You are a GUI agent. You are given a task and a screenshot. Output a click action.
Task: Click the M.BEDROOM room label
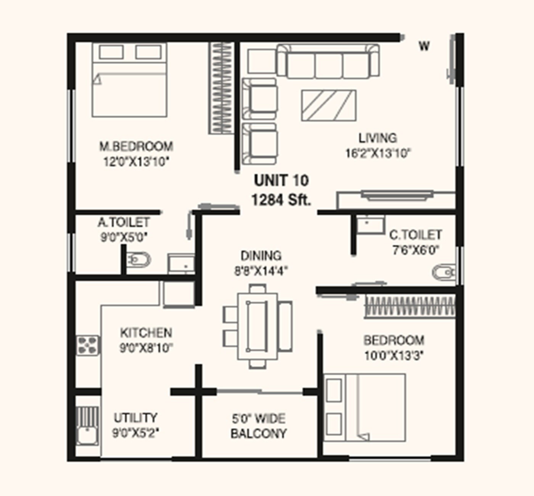coord(136,146)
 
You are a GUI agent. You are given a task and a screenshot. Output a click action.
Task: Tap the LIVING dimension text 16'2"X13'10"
coord(377,153)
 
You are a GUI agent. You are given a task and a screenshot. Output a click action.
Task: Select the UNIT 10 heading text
coord(281,180)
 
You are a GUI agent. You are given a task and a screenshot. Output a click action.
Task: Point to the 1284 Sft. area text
coord(281,200)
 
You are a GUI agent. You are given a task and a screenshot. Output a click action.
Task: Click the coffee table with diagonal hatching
coord(328,106)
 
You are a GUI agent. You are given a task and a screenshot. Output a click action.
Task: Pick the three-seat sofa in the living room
coord(328,61)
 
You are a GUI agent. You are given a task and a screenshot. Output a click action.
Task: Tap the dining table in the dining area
coord(257,326)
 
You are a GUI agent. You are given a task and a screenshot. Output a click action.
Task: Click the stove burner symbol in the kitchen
coord(87,345)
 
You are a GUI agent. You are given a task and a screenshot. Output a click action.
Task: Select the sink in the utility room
coord(87,436)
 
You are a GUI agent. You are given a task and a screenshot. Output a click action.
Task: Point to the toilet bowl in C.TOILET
coord(444,272)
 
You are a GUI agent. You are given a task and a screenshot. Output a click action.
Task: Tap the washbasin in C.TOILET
coord(370,225)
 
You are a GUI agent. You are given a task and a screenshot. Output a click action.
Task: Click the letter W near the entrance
coord(424,46)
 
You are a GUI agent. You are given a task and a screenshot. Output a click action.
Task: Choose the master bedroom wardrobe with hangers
coord(221,88)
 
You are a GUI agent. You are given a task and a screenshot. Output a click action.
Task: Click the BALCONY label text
coord(258,433)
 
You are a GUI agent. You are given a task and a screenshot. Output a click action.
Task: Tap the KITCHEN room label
coord(146,333)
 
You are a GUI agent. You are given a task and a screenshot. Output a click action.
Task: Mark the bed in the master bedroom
coord(129,80)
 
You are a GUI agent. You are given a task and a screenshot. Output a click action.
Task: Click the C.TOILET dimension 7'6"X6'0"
coord(415,250)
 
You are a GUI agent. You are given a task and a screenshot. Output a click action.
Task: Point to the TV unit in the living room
coord(397,196)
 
